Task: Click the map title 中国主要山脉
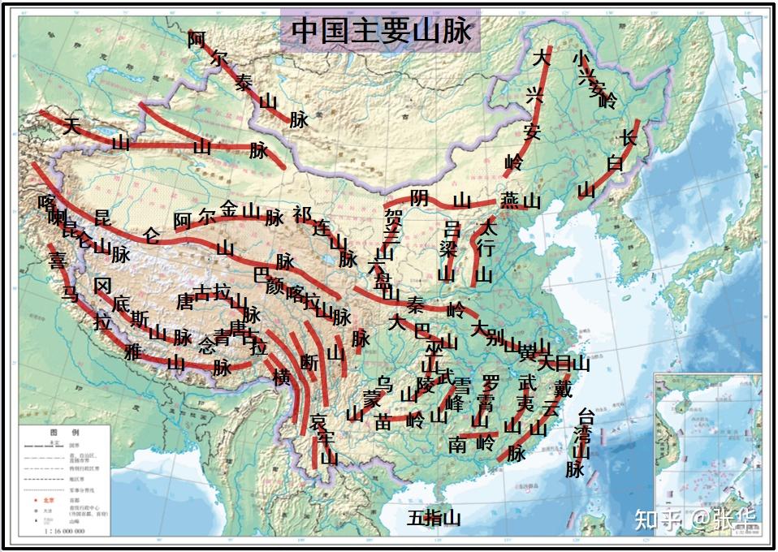[x=381, y=31]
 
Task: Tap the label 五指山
[x=434, y=517]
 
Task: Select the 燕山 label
[x=520, y=200]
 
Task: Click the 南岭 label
[x=470, y=443]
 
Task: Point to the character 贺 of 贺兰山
[x=393, y=218]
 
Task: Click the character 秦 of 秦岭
[x=415, y=305]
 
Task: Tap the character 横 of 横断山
[x=282, y=377]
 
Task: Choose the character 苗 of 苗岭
[x=383, y=420]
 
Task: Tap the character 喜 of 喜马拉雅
[x=57, y=261]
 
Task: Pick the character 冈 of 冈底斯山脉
[x=102, y=285]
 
